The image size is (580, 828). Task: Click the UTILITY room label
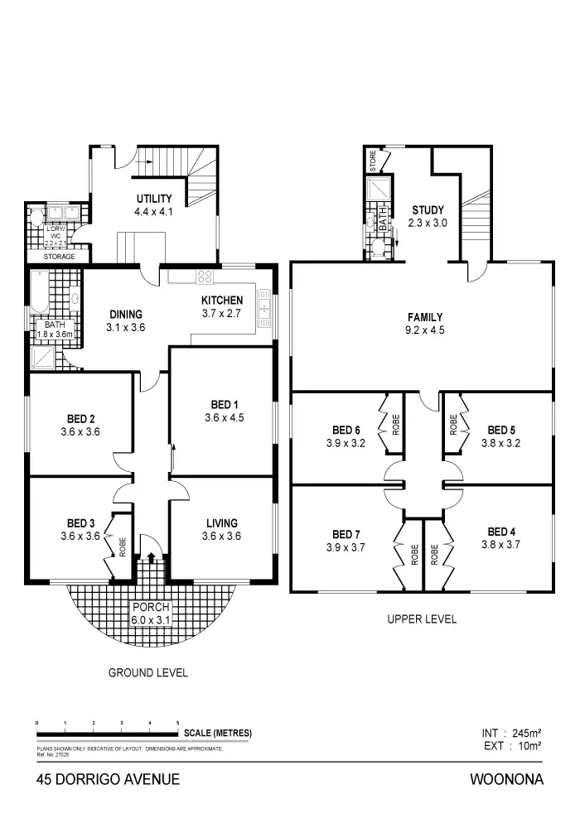tap(153, 199)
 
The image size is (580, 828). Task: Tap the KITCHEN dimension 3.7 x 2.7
tap(222, 314)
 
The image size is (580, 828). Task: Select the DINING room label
tap(126, 315)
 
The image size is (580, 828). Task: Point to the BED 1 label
tap(222, 404)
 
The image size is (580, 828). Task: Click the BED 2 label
tap(80, 419)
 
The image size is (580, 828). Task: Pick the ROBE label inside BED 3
tap(122, 547)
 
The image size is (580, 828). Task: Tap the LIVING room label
tap(222, 522)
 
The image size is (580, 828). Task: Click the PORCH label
tap(150, 607)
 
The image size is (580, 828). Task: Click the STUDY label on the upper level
tap(428, 210)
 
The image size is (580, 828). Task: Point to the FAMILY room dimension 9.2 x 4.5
tap(424, 330)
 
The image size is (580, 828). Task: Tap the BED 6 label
tap(346, 430)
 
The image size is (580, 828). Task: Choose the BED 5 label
tap(501, 430)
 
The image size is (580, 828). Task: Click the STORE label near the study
tap(374, 159)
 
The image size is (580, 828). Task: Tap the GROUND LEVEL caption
tap(148, 672)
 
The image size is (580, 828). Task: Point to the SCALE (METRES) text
tap(218, 734)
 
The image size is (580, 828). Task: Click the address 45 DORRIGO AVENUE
tap(108, 779)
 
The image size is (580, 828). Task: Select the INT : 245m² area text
tap(511, 733)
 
